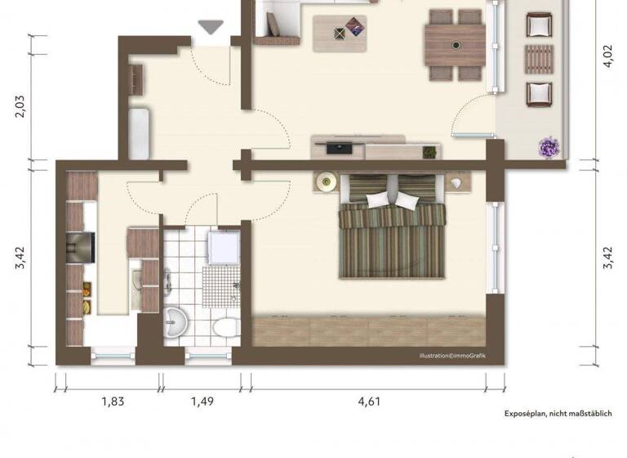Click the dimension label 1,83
[x=113, y=401]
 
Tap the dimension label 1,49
[x=203, y=401]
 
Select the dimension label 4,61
[x=368, y=401]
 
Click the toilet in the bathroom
[x=221, y=329]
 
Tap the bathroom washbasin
[x=176, y=325]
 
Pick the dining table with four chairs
[x=455, y=46]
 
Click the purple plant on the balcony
[x=546, y=148]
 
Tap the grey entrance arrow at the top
[x=211, y=27]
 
